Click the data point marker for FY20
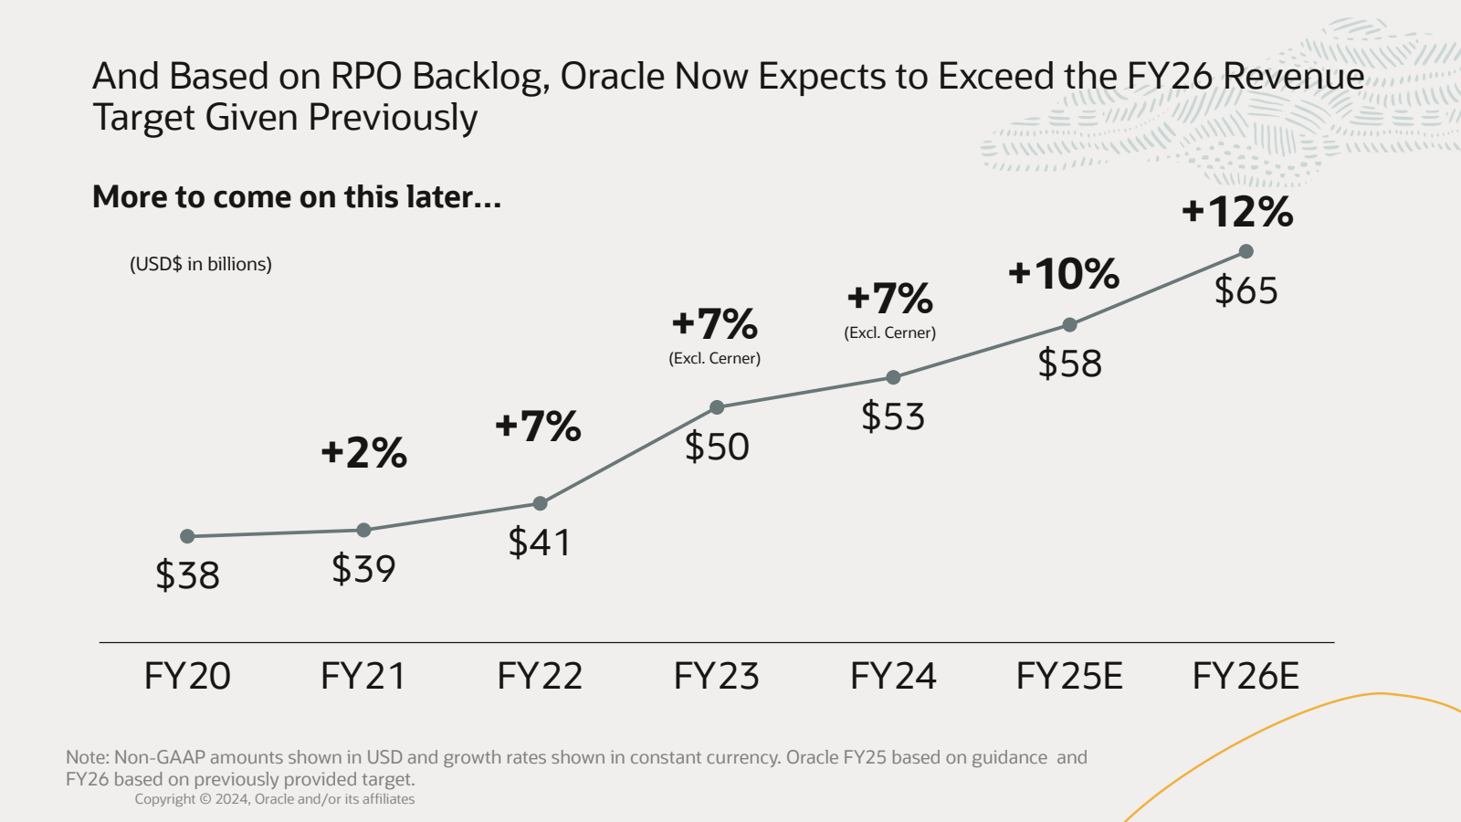click(187, 536)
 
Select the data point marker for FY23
click(717, 407)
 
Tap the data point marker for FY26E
click(1246, 251)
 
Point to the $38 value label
click(187, 575)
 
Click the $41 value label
click(540, 543)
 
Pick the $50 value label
click(717, 447)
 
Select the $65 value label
click(1246, 290)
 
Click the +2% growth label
click(363, 453)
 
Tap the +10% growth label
click(1064, 274)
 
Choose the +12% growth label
click(1237, 212)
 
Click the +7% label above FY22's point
click(538, 427)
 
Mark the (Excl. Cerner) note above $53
click(889, 332)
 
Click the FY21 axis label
click(363, 677)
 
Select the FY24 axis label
click(893, 677)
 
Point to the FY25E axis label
click(1069, 677)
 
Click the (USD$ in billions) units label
click(201, 264)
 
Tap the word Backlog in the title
click(480, 77)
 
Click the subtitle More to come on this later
click(297, 197)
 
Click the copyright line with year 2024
click(275, 799)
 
